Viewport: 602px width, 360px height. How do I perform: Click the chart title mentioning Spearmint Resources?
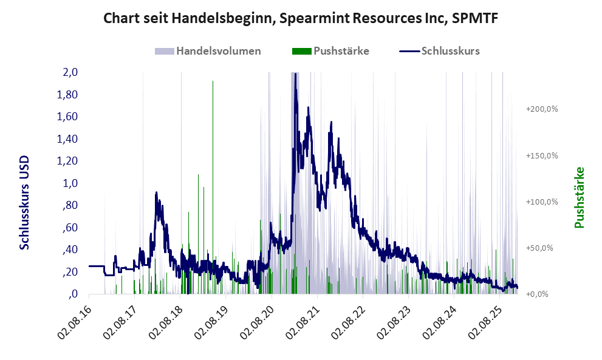pos(301,19)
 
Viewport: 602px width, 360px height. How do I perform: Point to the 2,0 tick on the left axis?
pos(70,72)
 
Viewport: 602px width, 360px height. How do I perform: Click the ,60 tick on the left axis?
pos(70,228)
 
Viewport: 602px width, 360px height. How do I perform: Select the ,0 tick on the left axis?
pos(73,294)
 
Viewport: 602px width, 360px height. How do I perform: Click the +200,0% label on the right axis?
pos(542,109)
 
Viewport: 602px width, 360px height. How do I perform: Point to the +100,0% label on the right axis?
pos(542,202)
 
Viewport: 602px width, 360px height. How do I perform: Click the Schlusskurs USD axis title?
pos(24,203)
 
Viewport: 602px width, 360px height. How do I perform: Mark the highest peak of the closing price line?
pos(295,74)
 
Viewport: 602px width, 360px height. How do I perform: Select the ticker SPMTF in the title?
pos(477,19)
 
